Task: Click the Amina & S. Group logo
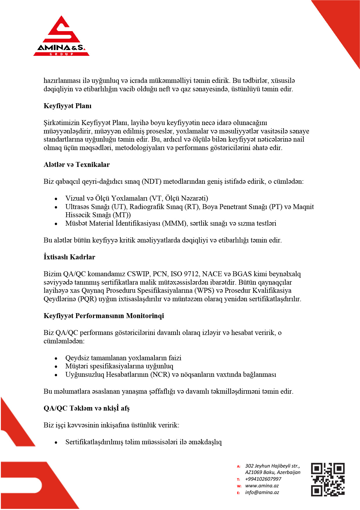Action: (61, 36)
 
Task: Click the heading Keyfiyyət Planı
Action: (67, 106)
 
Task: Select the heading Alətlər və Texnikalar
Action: (76, 165)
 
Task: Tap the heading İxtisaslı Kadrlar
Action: (69, 257)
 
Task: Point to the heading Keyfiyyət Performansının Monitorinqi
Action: (104, 316)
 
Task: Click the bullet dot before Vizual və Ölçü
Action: (56, 199)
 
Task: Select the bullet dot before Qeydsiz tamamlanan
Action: (56, 359)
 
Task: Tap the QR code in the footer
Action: (328, 479)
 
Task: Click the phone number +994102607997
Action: (263, 479)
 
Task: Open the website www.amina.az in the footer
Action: (262, 486)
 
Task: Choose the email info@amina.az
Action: (262, 492)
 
